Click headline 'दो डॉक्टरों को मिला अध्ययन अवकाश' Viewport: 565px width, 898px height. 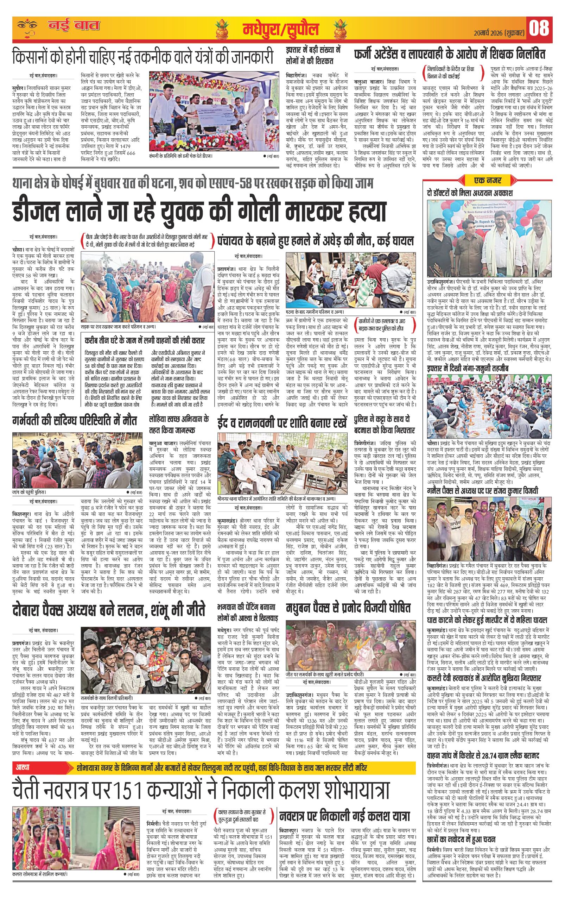(470, 193)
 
